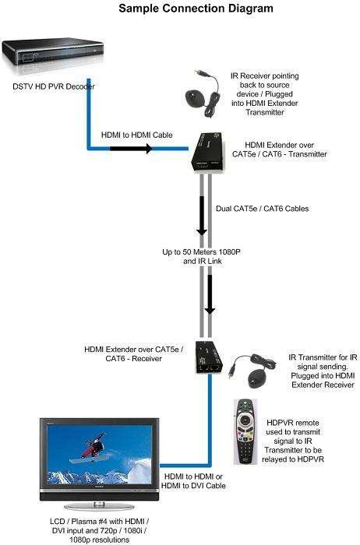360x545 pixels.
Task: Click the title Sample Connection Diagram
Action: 196,8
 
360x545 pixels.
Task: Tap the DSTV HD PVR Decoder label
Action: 54,86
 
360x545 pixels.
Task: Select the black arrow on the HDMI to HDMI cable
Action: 131,149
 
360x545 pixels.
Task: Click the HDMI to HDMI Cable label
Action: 136,135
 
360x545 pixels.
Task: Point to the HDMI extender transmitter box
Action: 209,153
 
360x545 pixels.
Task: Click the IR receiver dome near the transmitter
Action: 196,98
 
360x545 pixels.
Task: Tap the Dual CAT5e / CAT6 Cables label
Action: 263,209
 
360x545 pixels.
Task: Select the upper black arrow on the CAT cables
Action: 202,216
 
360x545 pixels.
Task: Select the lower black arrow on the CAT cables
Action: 210,294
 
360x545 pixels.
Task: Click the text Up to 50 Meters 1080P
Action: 201,251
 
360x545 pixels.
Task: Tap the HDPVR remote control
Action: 245,431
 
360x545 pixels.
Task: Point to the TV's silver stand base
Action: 100,506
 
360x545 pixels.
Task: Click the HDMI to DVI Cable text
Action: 193,486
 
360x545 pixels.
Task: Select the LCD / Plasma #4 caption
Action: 100,530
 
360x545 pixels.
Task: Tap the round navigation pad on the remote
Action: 245,421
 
